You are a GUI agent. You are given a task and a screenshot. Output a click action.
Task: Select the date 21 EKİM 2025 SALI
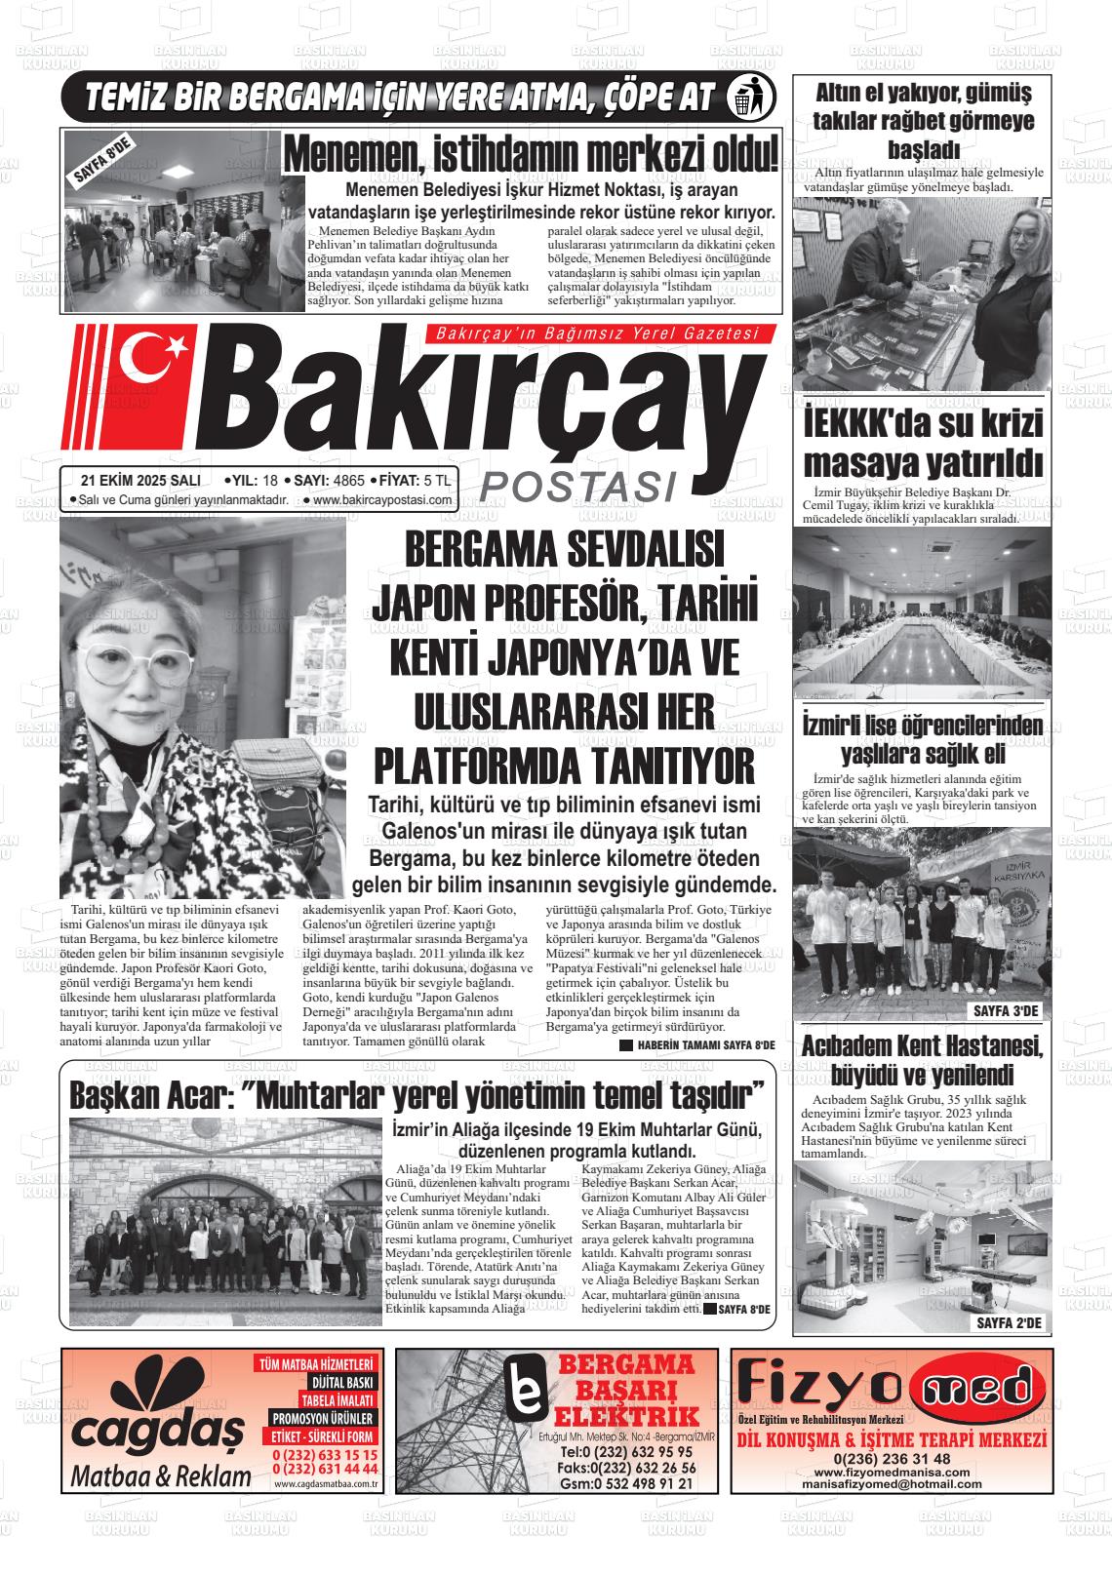click(x=141, y=480)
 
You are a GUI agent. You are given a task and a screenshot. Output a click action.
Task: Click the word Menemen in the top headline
click(x=352, y=155)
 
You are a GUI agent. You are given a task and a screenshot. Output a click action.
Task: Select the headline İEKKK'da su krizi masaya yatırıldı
click(x=922, y=443)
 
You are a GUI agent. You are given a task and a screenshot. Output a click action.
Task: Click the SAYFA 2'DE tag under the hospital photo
click(x=1009, y=1323)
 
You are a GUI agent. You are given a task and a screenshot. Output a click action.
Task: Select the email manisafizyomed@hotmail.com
click(x=892, y=1483)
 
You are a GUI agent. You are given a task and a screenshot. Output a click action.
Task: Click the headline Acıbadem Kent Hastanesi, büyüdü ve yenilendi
click(x=922, y=1061)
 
